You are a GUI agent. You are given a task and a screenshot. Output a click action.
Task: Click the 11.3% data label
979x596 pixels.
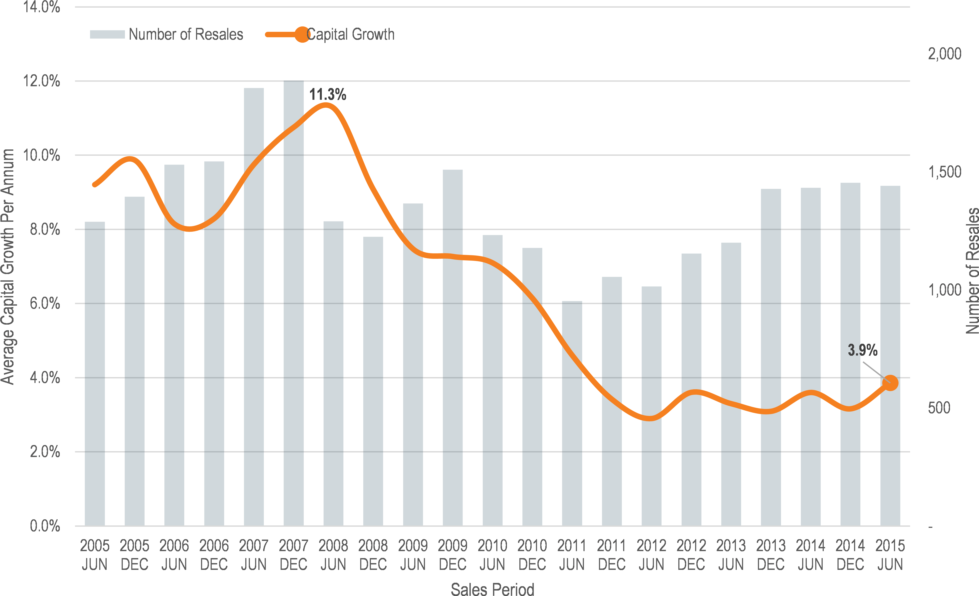(x=327, y=95)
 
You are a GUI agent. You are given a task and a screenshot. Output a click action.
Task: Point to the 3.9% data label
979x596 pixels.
(x=862, y=350)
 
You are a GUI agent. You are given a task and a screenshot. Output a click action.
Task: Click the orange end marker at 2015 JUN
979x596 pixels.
(x=890, y=383)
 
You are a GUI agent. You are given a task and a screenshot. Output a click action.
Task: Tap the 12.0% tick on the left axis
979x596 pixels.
(x=41, y=81)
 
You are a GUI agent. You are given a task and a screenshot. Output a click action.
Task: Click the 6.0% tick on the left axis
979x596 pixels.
(x=44, y=303)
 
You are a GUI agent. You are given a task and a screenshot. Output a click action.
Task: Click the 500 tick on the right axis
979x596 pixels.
(x=939, y=408)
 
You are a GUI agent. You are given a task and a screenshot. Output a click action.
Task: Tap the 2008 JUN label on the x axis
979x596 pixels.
(x=333, y=555)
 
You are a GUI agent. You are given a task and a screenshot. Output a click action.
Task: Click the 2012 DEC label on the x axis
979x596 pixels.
(x=691, y=555)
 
